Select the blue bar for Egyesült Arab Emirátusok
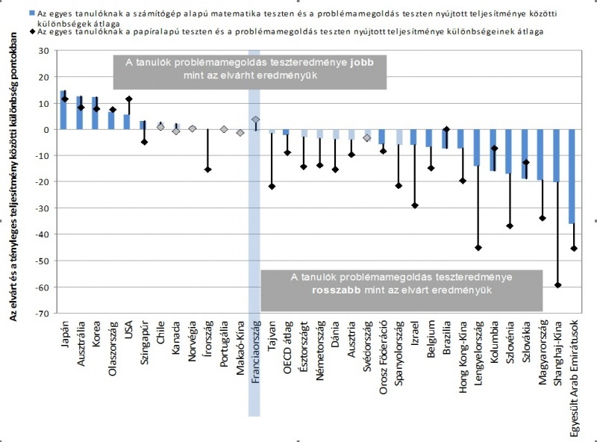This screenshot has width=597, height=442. click(x=572, y=176)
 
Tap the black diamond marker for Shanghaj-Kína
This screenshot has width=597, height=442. click(x=557, y=285)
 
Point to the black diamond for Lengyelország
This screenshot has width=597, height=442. click(x=478, y=248)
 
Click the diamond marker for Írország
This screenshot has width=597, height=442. click(x=208, y=169)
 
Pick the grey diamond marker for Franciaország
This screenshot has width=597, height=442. click(x=255, y=119)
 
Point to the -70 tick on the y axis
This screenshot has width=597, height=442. click(x=34, y=314)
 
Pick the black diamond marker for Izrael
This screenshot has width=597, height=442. click(x=414, y=205)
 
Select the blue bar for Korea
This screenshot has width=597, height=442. click(x=95, y=113)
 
